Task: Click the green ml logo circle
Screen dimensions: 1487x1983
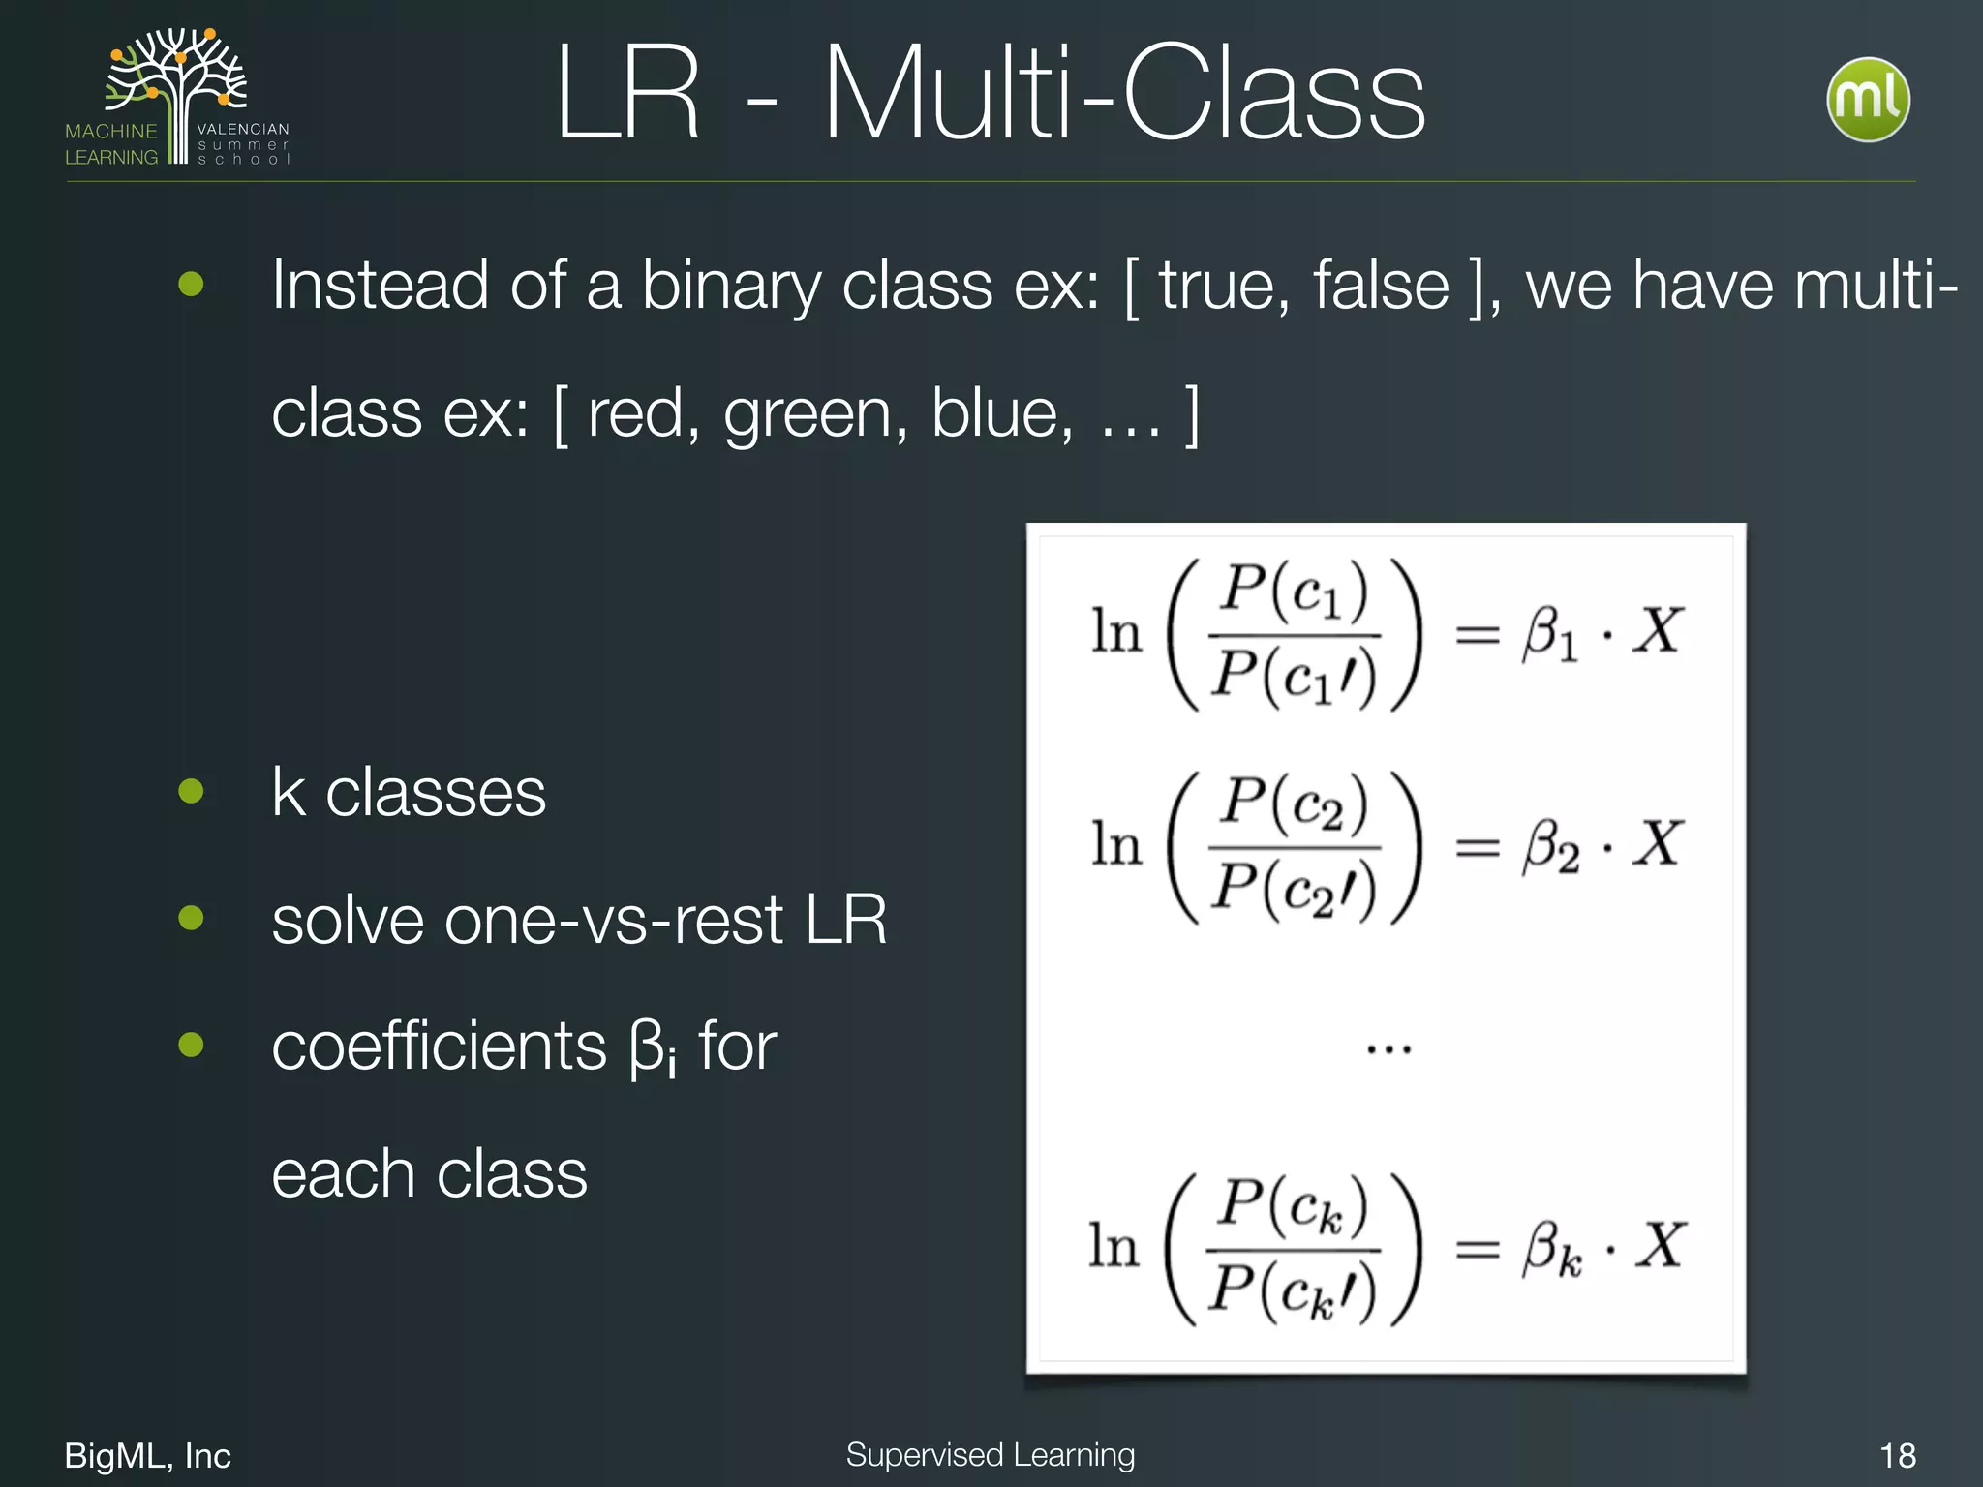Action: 1868,100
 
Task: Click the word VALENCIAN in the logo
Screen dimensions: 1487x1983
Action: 243,129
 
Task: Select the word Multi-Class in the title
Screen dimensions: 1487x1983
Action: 1123,95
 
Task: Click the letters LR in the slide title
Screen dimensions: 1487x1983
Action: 627,95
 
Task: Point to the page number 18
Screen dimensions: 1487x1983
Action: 1897,1455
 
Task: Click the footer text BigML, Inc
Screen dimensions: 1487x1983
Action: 147,1455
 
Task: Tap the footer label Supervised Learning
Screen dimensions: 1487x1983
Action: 990,1454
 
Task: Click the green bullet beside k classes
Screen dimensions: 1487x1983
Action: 192,791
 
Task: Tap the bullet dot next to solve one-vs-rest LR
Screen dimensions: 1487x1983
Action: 192,917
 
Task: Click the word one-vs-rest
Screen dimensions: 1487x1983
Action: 613,920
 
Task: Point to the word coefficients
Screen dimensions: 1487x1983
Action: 439,1047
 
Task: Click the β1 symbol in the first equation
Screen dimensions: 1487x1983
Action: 1549,634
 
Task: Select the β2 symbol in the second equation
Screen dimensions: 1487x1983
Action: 1550,846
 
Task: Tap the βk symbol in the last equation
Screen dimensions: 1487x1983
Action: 1551,1249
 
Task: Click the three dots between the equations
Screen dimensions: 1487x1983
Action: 1388,1048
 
